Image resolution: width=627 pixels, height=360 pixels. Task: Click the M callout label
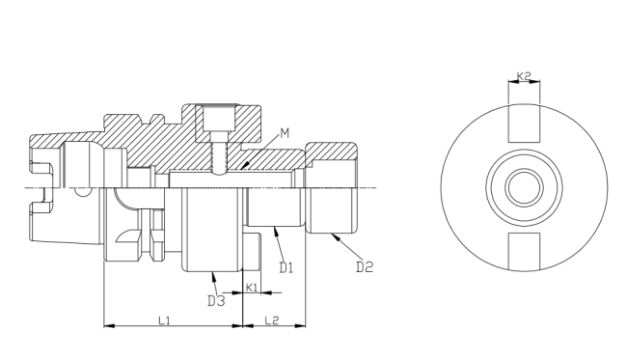coord(285,133)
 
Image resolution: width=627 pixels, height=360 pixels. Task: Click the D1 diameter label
coord(286,267)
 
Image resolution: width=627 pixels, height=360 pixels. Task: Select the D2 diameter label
coord(365,266)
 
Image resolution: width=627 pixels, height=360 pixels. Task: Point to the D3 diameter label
coord(216,301)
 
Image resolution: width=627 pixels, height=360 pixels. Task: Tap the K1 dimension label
coord(252,288)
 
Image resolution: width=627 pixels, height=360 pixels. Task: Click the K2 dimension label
coord(524,75)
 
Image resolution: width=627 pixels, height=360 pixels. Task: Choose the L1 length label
coord(164,320)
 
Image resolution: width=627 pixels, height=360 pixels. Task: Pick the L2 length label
coord(272,320)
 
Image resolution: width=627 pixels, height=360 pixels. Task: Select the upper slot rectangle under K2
coord(524,124)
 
